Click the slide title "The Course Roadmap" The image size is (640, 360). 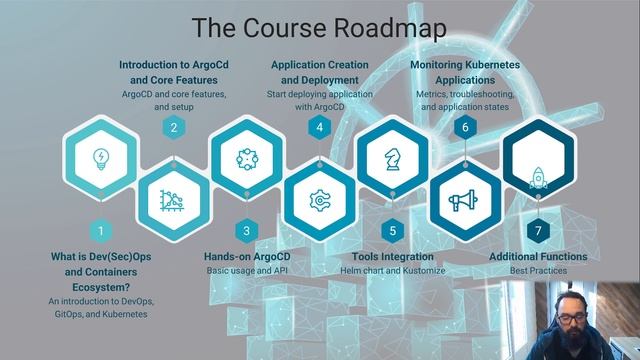319,26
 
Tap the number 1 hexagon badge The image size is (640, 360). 100,231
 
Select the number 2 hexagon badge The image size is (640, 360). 174,127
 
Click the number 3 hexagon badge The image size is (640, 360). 247,231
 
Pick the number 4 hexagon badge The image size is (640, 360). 320,127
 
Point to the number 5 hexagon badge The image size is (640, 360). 393,231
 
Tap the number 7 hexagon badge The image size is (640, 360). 539,231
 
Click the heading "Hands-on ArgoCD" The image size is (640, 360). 247,257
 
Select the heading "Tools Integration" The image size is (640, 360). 393,257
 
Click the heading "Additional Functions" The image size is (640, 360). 538,257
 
